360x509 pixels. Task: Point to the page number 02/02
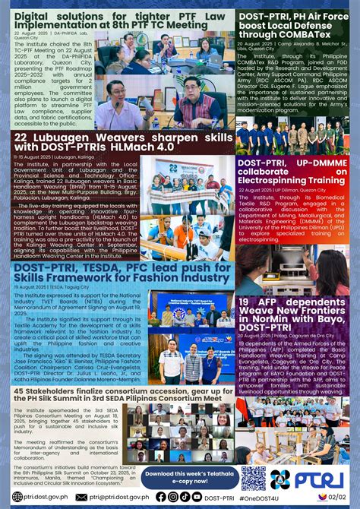[339, 496]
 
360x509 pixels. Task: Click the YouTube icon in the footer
[197, 497]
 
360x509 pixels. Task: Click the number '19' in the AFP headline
[245, 281]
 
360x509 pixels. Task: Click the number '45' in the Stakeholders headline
[21, 391]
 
